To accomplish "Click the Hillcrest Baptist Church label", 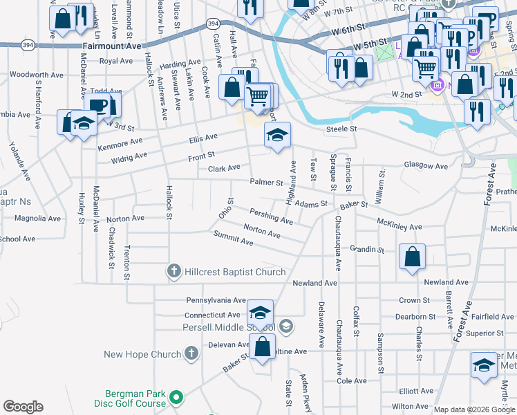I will coord(235,272).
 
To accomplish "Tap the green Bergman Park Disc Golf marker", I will coord(177,398).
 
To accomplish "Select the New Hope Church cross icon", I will coord(191,355).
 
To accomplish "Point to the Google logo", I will coord(23,407).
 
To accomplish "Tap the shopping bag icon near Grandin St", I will coord(413,257).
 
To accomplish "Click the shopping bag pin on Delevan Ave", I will coord(262,347).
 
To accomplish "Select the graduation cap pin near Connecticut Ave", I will coord(260,313).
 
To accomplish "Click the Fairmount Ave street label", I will coord(112,46).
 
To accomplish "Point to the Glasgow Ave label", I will coord(426,166).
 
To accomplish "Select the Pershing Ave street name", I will coord(271,216).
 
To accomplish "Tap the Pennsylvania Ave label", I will coord(216,301).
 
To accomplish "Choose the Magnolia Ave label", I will coord(38,219).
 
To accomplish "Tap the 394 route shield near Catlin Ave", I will coord(213,24).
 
